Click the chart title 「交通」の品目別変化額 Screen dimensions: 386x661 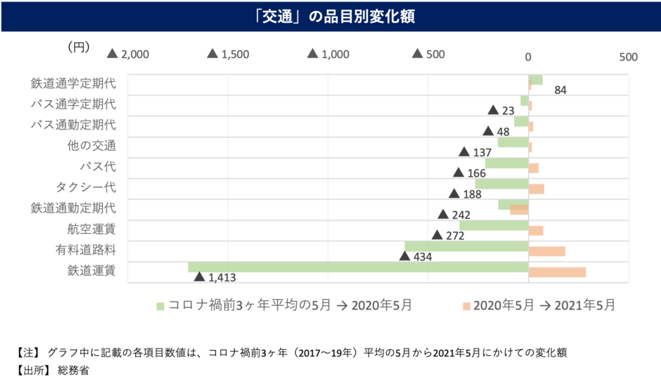tap(331, 15)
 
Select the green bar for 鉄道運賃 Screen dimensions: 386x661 tap(358, 268)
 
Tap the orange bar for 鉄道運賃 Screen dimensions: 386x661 tap(557, 272)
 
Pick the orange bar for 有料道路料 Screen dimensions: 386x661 tap(546, 251)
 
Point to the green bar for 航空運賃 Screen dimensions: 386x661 tap(494, 225)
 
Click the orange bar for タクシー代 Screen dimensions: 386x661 tap(536, 189)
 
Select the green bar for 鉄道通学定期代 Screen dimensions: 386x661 tap(535, 79)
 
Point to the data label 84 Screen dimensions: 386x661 tap(560, 90)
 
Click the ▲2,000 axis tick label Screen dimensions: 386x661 tap(129, 54)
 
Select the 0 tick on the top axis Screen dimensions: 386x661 tap(528, 56)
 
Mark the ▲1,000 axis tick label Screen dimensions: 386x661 tap(328, 54)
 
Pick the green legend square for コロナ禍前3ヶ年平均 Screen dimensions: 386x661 tap(160, 304)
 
